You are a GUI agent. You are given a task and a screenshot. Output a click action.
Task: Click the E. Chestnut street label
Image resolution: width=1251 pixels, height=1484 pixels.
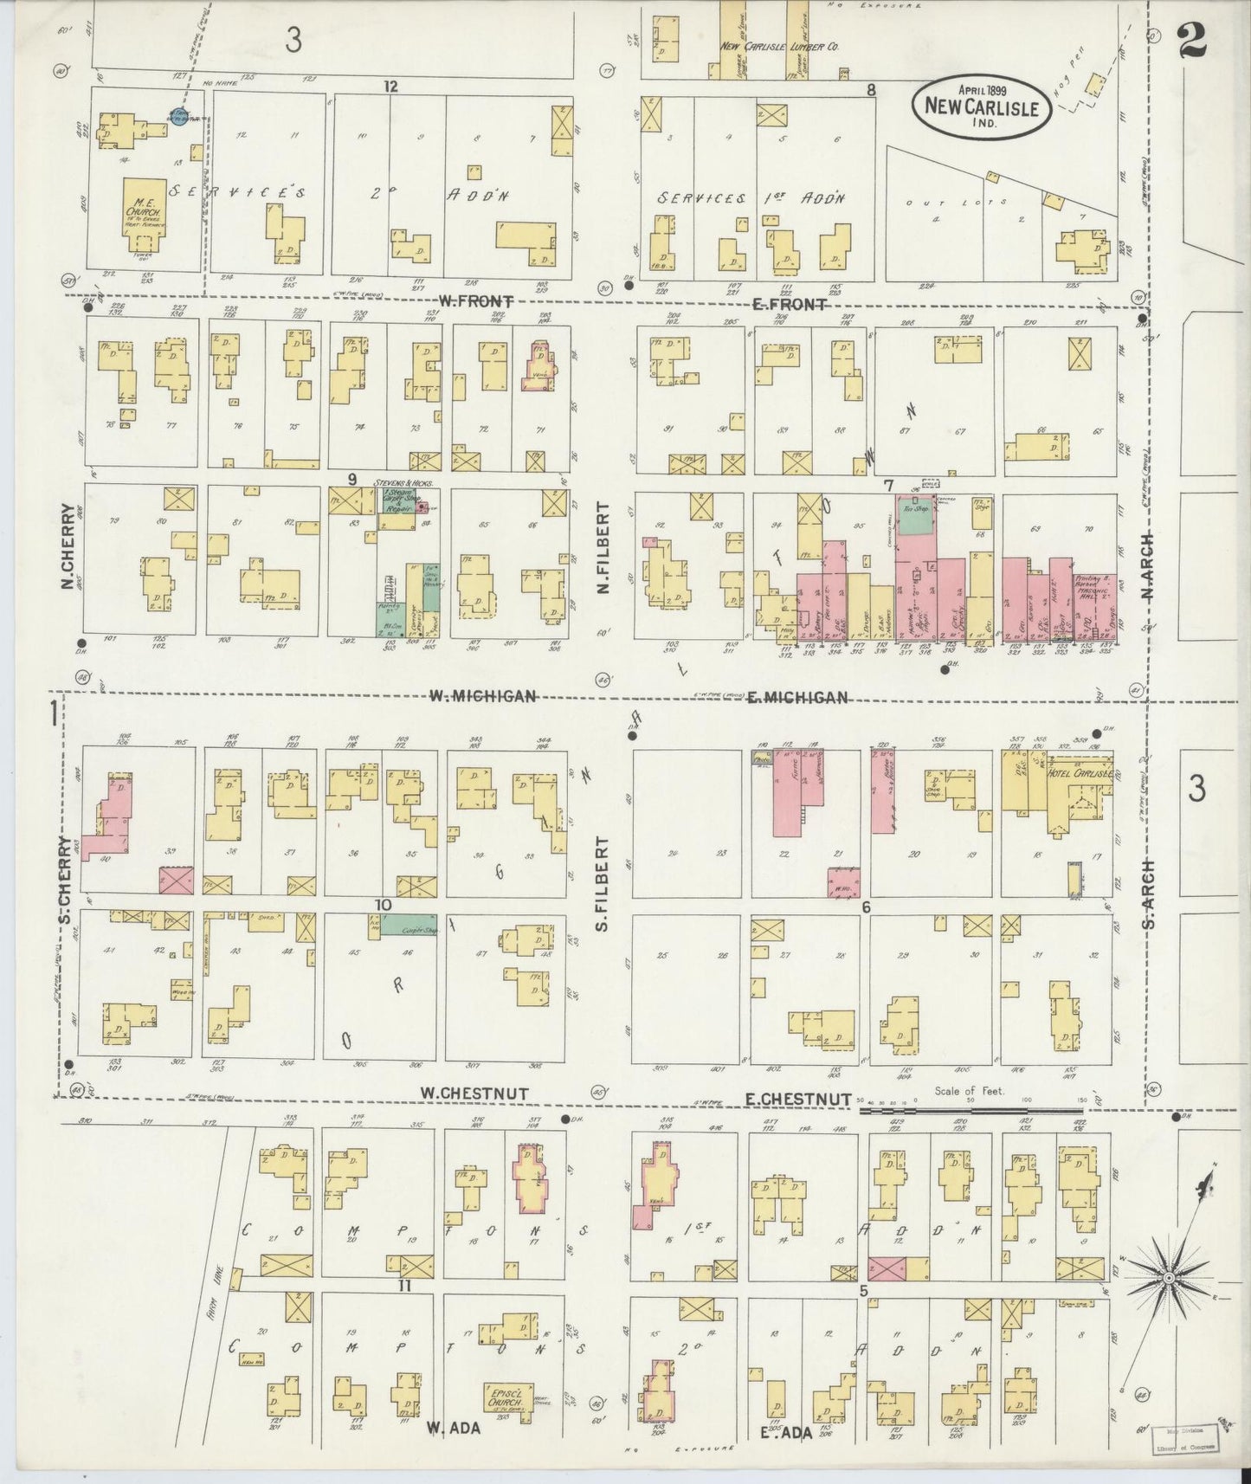click(x=798, y=1098)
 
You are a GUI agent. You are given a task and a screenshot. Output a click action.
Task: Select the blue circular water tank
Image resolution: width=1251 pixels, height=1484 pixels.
click(x=179, y=115)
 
